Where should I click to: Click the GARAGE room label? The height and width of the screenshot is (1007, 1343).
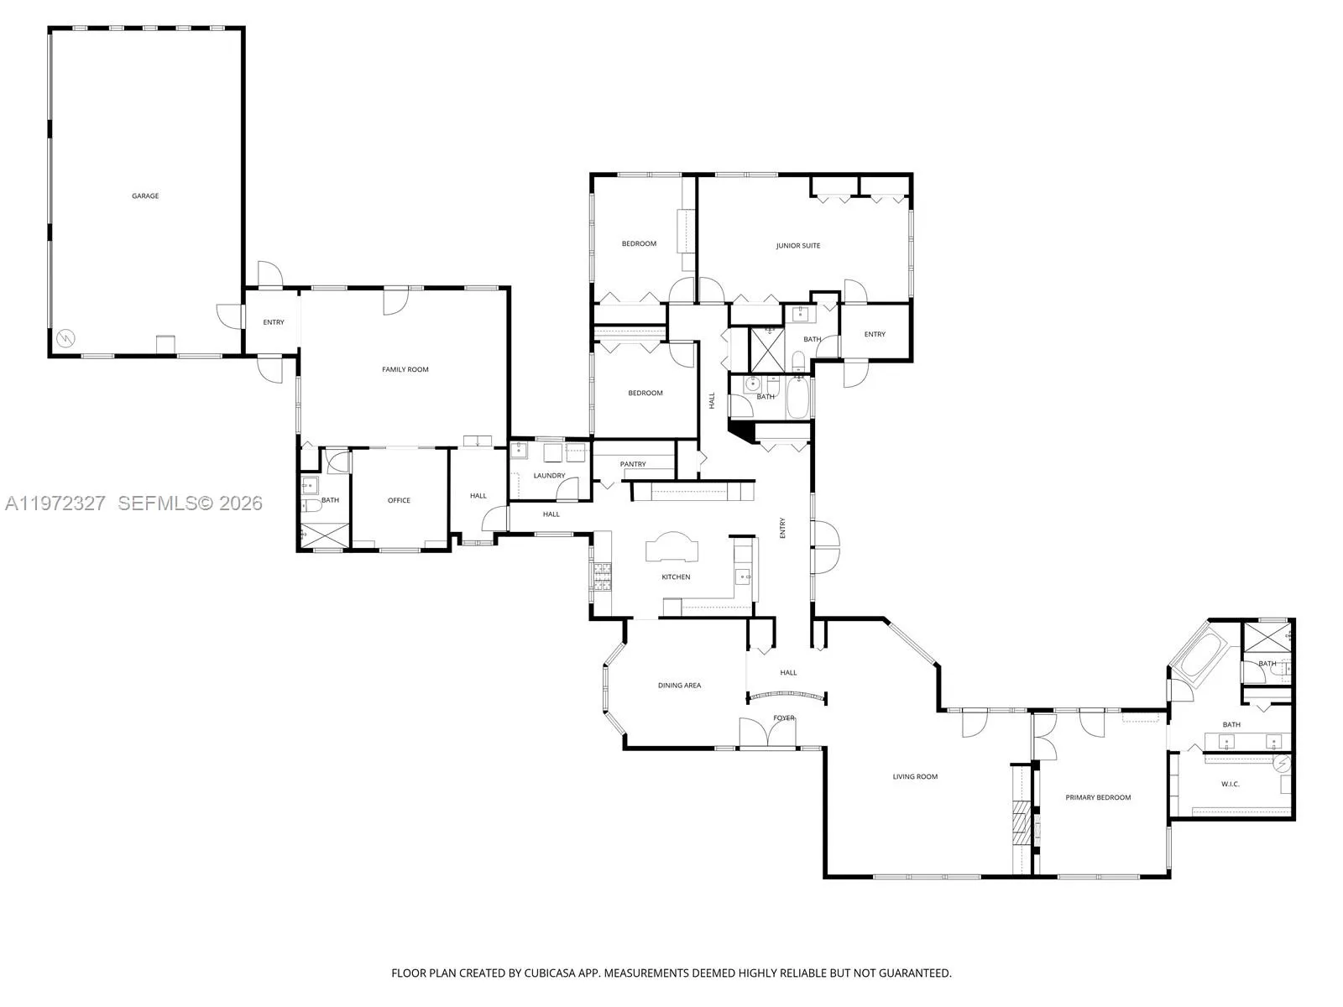[x=145, y=196]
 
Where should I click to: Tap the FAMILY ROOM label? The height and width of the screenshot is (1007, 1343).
[x=405, y=369]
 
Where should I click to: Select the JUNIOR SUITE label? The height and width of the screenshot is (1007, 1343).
[x=798, y=246]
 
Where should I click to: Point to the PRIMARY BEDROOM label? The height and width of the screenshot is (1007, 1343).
[x=1098, y=797]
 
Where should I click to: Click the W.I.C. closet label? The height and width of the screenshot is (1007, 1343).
[x=1230, y=784]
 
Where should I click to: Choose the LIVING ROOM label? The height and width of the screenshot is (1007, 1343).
[x=915, y=776]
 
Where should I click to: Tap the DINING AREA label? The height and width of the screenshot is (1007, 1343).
[x=679, y=686]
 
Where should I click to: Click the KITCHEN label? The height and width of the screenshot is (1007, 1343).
[x=676, y=577]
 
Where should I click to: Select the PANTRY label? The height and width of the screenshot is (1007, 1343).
[x=633, y=464]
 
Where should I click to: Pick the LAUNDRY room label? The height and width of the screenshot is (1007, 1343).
[x=549, y=476]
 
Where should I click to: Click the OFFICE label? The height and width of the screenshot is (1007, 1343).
[x=399, y=500]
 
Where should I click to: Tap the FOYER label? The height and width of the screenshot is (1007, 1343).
[x=784, y=717]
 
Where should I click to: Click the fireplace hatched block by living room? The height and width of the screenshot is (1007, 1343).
[x=1020, y=822]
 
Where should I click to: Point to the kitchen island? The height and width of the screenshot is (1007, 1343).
[x=671, y=548]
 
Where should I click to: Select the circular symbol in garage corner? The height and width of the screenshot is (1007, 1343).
[x=65, y=339]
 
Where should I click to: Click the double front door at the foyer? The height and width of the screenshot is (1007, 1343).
[x=767, y=733]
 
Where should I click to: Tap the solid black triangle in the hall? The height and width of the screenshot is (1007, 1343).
[x=739, y=430]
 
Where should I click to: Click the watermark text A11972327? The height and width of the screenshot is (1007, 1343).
[x=55, y=503]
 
